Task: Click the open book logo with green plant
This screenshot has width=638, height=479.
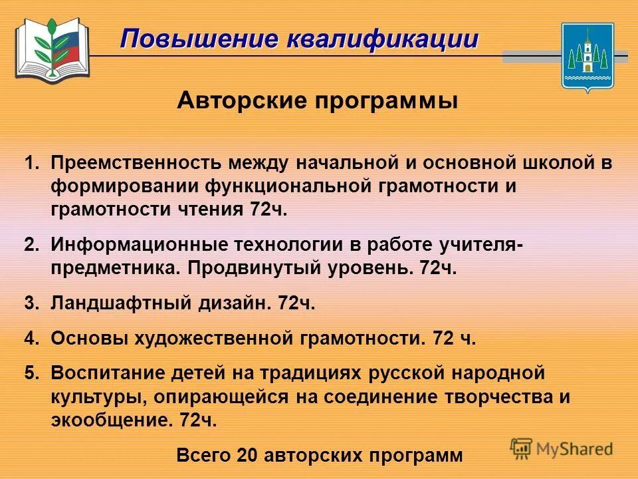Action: (x=52, y=48)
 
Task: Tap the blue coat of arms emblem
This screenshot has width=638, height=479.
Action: (x=587, y=57)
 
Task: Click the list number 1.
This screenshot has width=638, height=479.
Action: (x=29, y=164)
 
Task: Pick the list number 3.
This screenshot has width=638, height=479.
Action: (x=29, y=303)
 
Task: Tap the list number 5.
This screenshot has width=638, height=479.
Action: (x=29, y=373)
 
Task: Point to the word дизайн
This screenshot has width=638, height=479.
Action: (x=235, y=303)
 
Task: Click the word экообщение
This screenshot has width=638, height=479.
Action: (x=110, y=420)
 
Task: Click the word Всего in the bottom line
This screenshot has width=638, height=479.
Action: (x=202, y=456)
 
